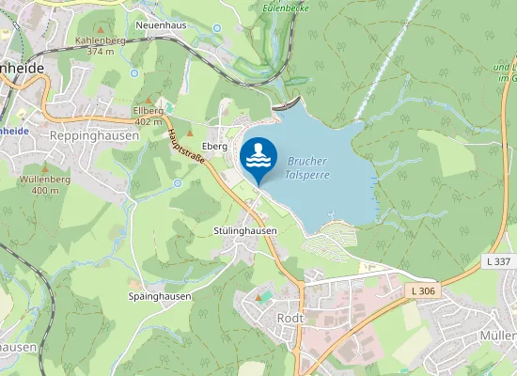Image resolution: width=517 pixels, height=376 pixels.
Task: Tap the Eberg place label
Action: [x=215, y=147]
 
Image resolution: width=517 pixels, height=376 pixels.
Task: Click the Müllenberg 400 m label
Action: [x=44, y=184]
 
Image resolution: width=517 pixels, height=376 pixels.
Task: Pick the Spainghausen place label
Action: [x=160, y=296]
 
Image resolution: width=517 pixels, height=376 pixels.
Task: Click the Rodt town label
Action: [x=290, y=319]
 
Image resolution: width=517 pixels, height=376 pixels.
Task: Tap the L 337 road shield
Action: [x=499, y=260]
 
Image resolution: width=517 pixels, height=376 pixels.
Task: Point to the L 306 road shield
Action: [x=423, y=291]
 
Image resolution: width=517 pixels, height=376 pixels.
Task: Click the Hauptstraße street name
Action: [x=183, y=144]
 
